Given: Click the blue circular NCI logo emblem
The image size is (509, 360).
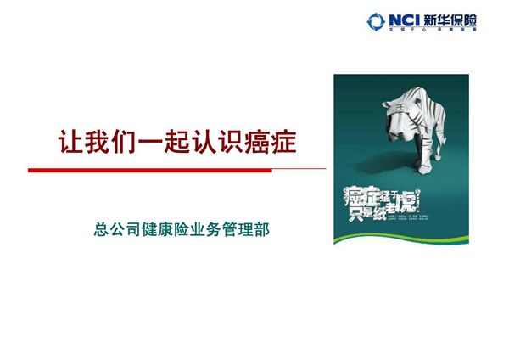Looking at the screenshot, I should click(376, 19).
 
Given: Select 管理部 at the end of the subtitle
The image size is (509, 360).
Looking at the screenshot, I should click(254, 229).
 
